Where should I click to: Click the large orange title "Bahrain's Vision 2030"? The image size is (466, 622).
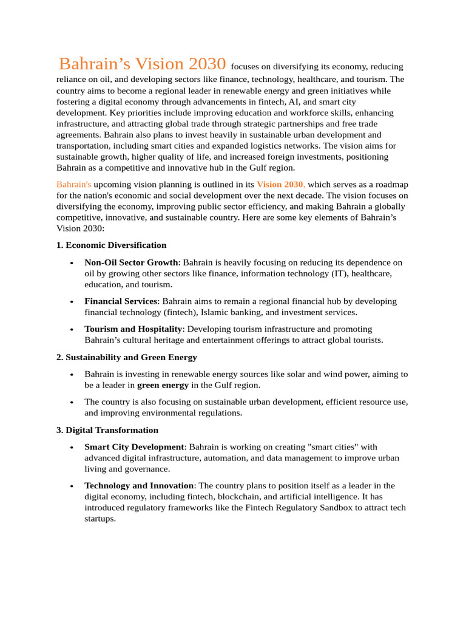[143, 64]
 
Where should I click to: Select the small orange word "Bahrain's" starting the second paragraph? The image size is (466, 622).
[74, 184]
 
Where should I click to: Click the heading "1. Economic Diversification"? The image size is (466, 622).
[111, 245]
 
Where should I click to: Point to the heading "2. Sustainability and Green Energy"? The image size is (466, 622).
[126, 357]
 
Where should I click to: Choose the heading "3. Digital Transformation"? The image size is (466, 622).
[107, 430]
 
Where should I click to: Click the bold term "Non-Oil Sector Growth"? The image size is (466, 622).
[131, 262]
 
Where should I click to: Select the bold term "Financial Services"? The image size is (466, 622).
[121, 301]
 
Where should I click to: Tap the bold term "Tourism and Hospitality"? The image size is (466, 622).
[133, 329]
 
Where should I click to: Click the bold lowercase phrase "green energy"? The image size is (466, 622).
[163, 385]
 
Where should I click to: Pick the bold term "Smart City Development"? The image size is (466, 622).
[133, 447]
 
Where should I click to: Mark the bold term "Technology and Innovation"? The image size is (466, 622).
[139, 486]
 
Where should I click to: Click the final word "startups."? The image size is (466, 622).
[100, 519]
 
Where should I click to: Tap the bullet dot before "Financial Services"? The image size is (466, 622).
[72, 302]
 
